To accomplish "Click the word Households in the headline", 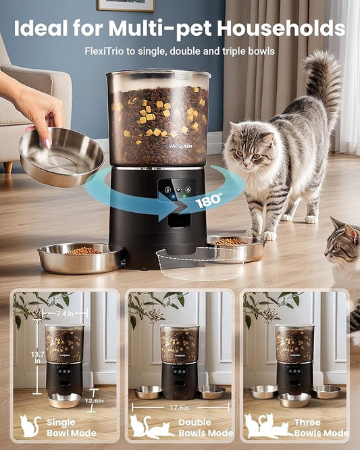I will pyautogui.click(x=288, y=29).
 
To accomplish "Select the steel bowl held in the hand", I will pyautogui.click(x=61, y=156).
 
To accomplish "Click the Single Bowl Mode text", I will pyautogui.click(x=70, y=427).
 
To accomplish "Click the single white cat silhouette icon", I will pyautogui.click(x=30, y=426).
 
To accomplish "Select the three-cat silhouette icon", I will pyautogui.click(x=266, y=426).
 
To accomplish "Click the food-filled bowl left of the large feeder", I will pyautogui.click(x=80, y=257).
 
